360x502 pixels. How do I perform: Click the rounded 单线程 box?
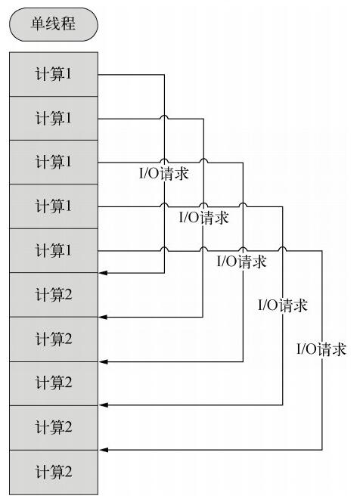coord(54,25)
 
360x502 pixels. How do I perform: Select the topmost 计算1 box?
coord(54,74)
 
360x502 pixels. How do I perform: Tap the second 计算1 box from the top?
coord(54,118)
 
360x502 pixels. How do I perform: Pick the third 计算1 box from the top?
coord(54,162)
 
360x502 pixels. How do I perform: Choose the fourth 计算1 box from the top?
coord(54,206)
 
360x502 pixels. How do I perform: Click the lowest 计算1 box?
coord(54,250)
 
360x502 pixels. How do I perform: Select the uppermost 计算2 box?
coord(54,295)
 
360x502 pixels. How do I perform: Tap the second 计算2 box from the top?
coord(54,339)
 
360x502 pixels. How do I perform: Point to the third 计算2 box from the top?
coord(54,383)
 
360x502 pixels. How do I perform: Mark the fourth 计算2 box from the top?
coord(54,428)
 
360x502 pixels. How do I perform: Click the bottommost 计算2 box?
coord(54,473)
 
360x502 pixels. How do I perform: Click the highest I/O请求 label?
coord(164,174)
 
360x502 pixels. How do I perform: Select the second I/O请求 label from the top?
coord(203,218)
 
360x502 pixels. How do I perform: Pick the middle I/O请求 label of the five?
coord(242,262)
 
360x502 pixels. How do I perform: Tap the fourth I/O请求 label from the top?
coord(283,305)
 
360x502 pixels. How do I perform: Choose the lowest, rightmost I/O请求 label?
coord(321,349)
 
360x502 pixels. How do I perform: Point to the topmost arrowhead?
coord(103,273)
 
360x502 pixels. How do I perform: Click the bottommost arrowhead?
coord(104,450)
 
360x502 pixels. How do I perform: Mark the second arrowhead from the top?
coord(103,317)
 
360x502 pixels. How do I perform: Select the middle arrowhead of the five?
coord(103,362)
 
